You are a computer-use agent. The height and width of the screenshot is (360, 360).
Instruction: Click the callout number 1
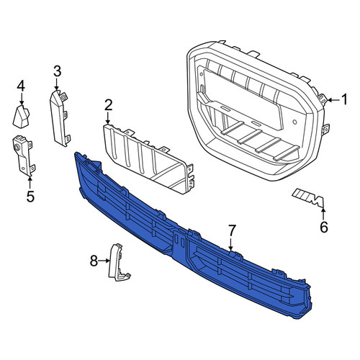tap(344, 99)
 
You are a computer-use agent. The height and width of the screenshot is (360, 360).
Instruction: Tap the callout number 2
tap(108, 105)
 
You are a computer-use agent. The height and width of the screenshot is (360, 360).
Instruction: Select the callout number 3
tap(57, 71)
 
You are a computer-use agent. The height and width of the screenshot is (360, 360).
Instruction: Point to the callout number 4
tap(21, 86)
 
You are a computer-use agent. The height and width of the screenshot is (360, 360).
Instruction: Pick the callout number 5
tap(30, 196)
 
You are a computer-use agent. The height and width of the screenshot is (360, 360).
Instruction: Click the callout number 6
tap(324, 227)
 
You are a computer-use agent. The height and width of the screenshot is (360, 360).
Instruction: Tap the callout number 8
tap(94, 261)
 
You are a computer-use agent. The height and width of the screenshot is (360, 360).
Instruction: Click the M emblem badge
tap(307, 198)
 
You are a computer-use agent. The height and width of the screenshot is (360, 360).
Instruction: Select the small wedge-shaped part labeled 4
tap(21, 116)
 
